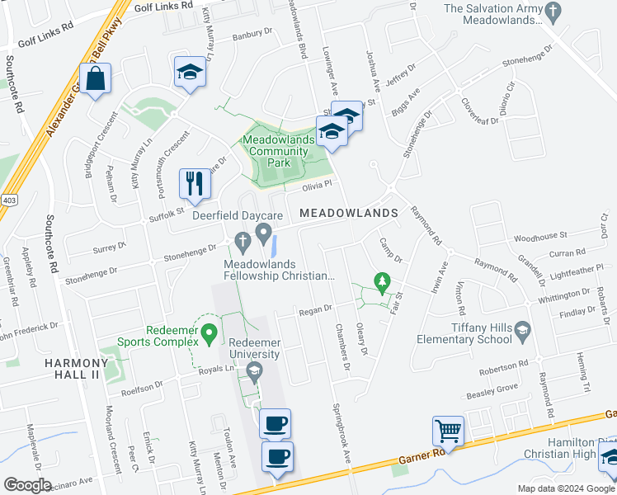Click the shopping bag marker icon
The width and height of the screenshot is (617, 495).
[95, 80]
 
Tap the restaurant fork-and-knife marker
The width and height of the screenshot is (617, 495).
[195, 184]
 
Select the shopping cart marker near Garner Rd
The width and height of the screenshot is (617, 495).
[449, 430]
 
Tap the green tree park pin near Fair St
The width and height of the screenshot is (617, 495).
[382, 282]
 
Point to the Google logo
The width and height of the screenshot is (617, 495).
[28, 485]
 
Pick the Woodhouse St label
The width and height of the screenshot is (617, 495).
[541, 237]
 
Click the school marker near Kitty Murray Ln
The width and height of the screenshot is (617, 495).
[189, 73]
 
